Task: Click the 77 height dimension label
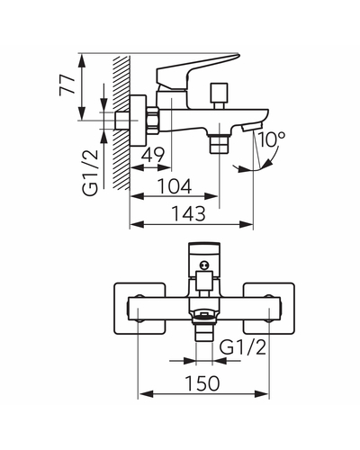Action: pos(67,85)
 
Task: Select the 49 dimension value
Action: pos(153,155)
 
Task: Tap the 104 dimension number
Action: pos(175,186)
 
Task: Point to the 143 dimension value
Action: pos(188,214)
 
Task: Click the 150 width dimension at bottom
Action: pos(202,383)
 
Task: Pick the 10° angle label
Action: pos(271,139)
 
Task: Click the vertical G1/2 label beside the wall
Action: pos(90,173)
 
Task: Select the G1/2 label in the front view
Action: pos(243,347)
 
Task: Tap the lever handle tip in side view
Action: pos(237,55)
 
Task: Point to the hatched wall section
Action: pos(121,123)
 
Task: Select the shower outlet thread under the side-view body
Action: pos(220,144)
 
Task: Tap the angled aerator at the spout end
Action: pos(252,127)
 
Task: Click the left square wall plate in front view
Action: pos(139,309)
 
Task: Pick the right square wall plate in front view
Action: pos(269,309)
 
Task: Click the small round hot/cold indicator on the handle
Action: pos(204,265)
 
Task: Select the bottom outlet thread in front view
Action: pos(204,332)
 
